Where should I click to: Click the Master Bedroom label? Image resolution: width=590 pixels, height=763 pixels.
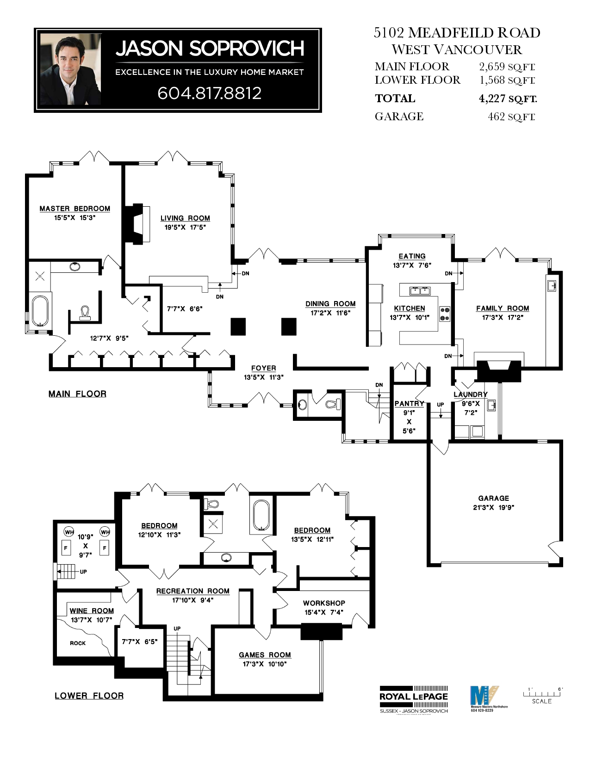[x=75, y=209]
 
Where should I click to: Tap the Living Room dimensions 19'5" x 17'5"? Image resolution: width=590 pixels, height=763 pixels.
[x=185, y=227]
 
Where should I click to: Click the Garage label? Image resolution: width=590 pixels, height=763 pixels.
[x=493, y=498]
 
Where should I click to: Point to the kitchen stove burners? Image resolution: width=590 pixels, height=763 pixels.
[x=445, y=314]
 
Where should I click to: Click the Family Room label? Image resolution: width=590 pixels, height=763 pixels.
[x=503, y=308]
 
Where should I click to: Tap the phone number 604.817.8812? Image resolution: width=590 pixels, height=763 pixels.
[x=210, y=93]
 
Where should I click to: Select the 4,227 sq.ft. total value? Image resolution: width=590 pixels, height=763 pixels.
[x=508, y=98]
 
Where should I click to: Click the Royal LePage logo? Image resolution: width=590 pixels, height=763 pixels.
[x=414, y=696]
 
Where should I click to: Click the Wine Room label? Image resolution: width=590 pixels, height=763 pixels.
[x=92, y=611]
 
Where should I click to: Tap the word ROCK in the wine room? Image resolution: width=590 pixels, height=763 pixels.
[x=78, y=643]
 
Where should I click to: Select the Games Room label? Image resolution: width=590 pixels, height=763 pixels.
[x=265, y=655]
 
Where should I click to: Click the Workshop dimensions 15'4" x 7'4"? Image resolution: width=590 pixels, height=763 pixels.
[x=324, y=612]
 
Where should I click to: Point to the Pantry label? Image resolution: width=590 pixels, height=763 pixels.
[x=409, y=404]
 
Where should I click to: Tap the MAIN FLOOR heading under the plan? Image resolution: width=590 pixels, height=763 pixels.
[x=77, y=394]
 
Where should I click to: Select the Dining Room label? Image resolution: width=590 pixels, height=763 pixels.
[x=330, y=304]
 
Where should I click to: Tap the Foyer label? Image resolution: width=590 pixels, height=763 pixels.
[x=263, y=368]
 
